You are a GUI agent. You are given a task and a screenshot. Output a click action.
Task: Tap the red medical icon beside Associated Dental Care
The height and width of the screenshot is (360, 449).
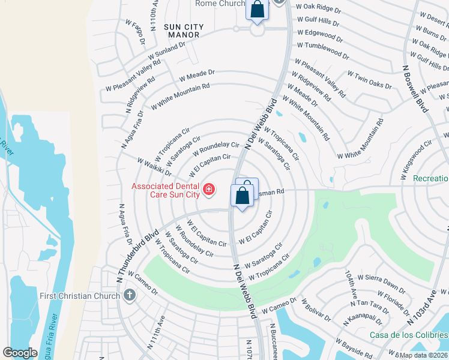pos(209,190)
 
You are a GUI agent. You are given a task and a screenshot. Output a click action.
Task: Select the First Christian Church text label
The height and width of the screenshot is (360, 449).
pos(80,296)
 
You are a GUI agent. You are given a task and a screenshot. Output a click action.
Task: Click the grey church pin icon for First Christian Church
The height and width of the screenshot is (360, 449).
pos(129,295)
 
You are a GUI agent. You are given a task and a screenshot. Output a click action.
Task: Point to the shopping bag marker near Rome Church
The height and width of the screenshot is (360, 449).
pos(257,10)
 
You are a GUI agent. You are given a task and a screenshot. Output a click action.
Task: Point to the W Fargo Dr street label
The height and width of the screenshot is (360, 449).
pos(136,32)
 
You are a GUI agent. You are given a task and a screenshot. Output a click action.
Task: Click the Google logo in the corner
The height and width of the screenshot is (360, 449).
pos(20,353)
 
